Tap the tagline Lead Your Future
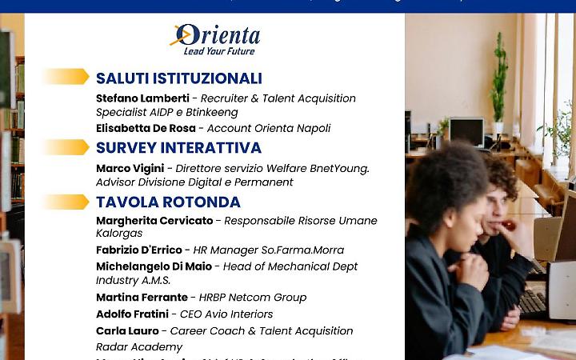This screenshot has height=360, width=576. (x=219, y=51)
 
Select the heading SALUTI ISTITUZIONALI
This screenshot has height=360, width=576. (x=179, y=78)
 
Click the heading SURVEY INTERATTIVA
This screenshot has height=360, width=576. (x=178, y=148)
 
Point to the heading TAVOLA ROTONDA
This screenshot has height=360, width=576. (x=168, y=202)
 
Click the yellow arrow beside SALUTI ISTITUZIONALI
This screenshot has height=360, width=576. (x=66, y=77)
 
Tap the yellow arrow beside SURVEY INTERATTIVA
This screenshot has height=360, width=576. (x=66, y=147)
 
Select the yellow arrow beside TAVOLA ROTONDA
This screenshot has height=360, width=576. (x=66, y=202)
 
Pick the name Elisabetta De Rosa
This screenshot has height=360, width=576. (x=146, y=128)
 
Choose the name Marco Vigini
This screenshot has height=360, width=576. (x=130, y=169)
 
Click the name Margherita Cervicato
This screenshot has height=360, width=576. (x=154, y=221)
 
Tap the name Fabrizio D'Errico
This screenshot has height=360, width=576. (x=139, y=250)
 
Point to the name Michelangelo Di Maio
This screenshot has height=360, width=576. (x=154, y=266)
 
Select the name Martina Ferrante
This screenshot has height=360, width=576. (x=142, y=298)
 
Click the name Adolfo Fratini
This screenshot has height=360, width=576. (x=133, y=314)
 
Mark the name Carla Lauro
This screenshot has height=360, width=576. (x=126, y=331)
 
